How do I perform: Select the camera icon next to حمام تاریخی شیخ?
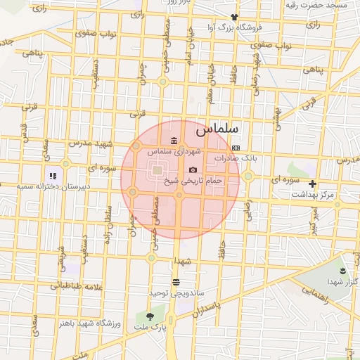click(193, 170)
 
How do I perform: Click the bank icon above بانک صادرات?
click(236, 148)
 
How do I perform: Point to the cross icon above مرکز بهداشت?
click(313, 184)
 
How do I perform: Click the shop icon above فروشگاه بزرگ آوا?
click(234, 18)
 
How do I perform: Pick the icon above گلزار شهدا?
click(342, 271)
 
